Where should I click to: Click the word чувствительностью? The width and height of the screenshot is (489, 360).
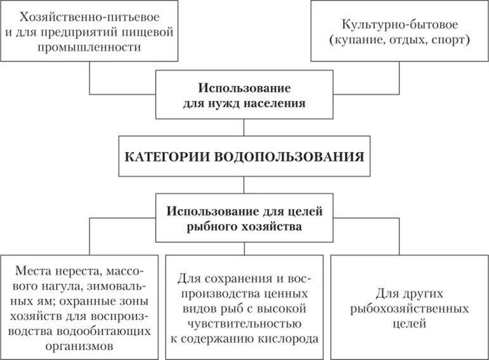[244, 324]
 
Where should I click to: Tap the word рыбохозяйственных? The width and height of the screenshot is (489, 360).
[408, 309]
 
